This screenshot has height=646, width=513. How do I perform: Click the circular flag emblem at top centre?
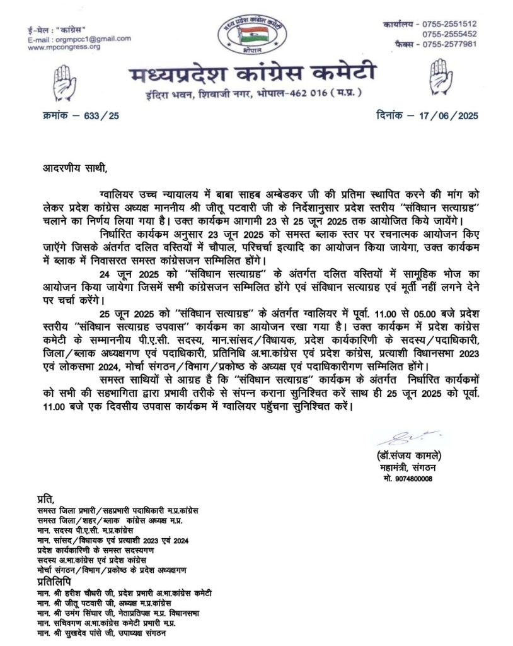pyautogui.click(x=251, y=32)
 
